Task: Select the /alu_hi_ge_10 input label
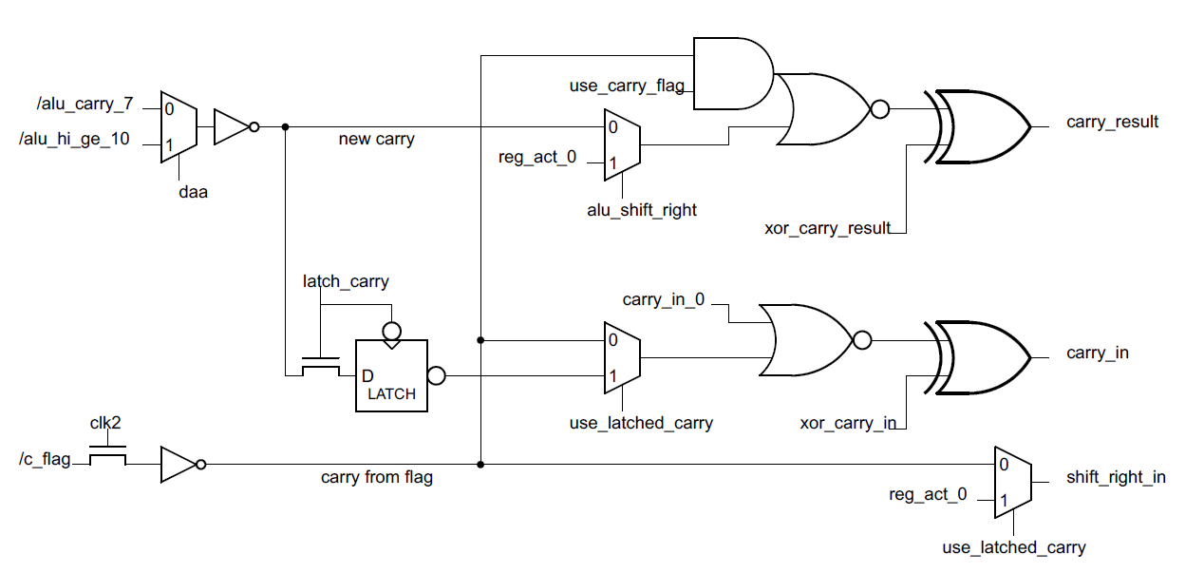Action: [x=74, y=140]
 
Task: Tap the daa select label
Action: [x=194, y=192]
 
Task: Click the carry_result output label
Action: [x=1112, y=122]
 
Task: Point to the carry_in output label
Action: [x=1097, y=353]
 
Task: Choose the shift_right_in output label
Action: [x=1116, y=477]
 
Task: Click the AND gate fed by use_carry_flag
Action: [x=732, y=74]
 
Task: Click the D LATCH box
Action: [x=391, y=375]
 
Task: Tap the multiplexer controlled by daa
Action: [x=179, y=123]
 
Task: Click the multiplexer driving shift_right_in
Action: [x=1012, y=482]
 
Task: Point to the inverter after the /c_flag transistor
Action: [x=179, y=465]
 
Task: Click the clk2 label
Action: [x=105, y=424]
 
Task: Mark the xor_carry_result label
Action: [x=827, y=228]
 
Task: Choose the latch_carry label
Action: [x=346, y=281]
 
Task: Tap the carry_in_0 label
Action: [x=664, y=300]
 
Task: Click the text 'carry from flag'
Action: [x=377, y=477]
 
